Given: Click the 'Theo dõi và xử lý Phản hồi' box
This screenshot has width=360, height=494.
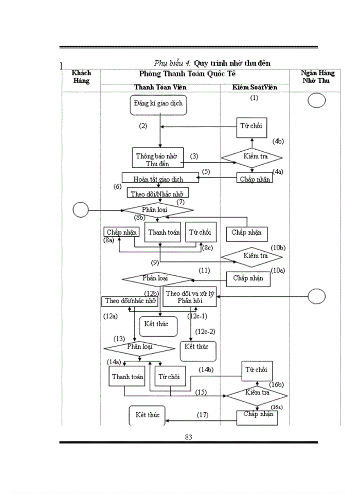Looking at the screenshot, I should point(190,297).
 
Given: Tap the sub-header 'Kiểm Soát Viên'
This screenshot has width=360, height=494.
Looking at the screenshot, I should point(255,87).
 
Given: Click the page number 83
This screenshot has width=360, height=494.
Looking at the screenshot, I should point(188,437).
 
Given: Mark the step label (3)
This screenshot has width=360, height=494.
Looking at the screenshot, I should point(194,155).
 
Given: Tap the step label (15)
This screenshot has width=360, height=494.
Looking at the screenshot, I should point(201,393).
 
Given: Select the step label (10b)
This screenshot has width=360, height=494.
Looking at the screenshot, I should point(278,248).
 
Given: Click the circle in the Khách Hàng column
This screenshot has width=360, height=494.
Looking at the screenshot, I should point(81,210).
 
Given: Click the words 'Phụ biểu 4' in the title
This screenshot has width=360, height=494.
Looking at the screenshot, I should point(173,63).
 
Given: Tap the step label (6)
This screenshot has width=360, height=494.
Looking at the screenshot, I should point(118,186).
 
